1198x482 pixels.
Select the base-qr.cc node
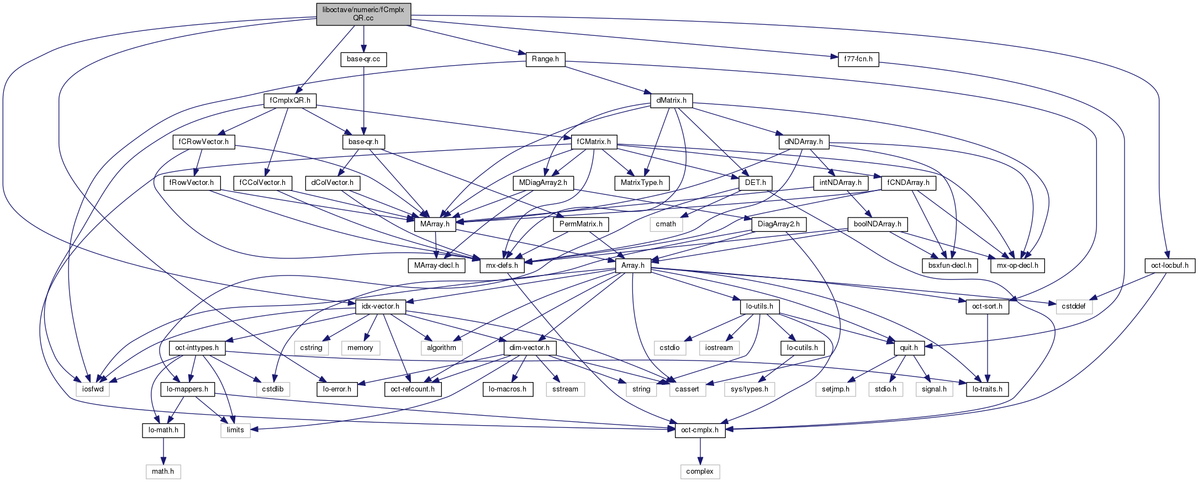click(363, 59)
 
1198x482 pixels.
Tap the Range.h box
click(545, 59)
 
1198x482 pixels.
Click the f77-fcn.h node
click(858, 59)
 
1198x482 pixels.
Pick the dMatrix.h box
click(671, 100)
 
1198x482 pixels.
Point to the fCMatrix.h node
click(594, 142)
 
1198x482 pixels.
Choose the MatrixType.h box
click(641, 183)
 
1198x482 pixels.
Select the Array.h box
click(632, 266)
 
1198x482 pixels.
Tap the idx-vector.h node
click(381, 306)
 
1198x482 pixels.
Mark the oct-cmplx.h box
click(700, 430)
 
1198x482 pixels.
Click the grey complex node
click(700, 472)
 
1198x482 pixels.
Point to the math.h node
click(163, 472)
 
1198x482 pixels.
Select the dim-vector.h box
click(529, 348)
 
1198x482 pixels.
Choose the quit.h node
click(909, 348)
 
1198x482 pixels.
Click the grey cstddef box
click(1074, 306)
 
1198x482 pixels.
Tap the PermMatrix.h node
click(580, 224)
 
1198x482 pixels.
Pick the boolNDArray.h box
click(878, 224)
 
